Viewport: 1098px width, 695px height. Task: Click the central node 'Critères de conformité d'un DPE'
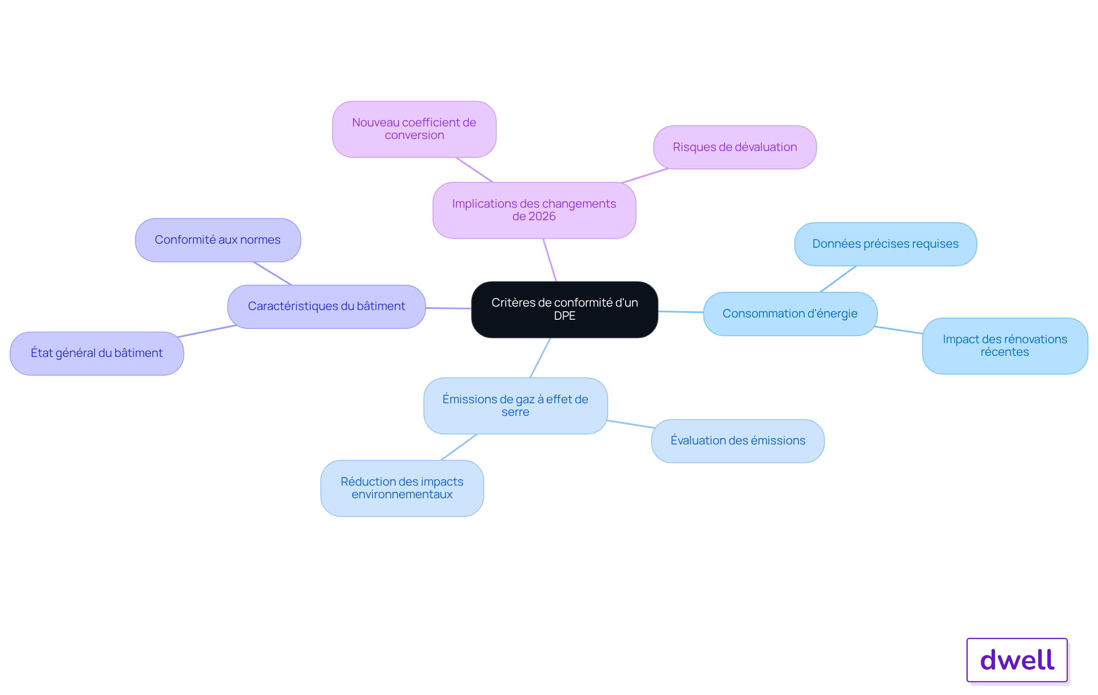pos(564,309)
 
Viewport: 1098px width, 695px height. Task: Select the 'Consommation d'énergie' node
pos(790,313)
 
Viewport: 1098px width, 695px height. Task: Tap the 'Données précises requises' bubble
pos(885,244)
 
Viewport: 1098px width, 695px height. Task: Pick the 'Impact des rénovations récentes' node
pos(1005,346)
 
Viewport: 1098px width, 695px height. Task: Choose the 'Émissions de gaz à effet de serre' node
pos(515,406)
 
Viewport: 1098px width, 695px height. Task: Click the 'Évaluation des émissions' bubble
pos(738,441)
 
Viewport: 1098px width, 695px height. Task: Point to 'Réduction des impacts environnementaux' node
pos(402,488)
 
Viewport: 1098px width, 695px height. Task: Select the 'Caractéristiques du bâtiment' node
pos(327,307)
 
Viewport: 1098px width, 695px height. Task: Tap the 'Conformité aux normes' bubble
pos(218,240)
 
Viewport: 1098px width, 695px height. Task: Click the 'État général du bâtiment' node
pos(97,354)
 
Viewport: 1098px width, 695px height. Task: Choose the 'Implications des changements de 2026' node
pos(534,210)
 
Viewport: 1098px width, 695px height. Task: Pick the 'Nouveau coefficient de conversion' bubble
pos(414,129)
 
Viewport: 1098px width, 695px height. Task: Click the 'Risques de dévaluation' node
pos(735,148)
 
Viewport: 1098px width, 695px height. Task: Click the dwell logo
pos(1017,660)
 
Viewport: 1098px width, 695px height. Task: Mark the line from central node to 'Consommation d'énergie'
pos(681,312)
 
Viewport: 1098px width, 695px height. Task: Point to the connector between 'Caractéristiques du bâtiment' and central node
pos(448,308)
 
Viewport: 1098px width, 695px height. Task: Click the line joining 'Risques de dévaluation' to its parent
pos(645,176)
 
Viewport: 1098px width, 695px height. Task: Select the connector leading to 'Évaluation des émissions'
pos(630,424)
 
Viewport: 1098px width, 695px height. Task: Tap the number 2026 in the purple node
pos(542,217)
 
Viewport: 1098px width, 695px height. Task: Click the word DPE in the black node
pos(564,316)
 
